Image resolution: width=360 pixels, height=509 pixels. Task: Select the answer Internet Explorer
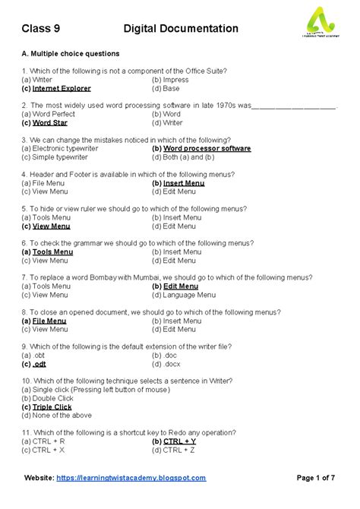(62, 88)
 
